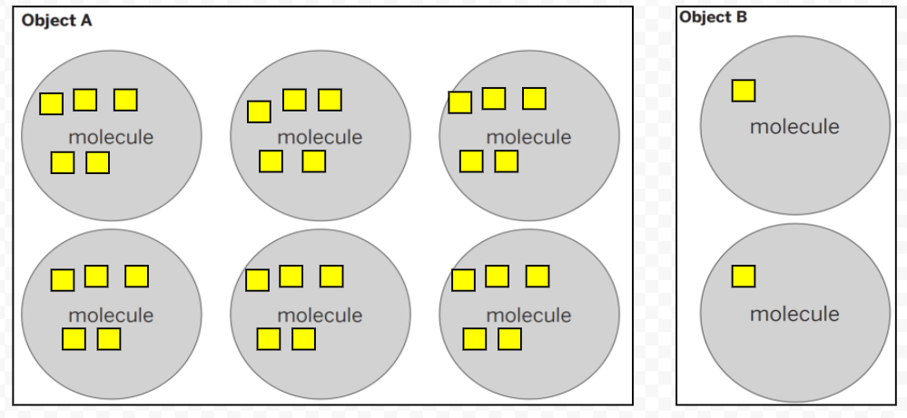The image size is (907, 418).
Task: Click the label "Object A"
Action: coord(56,20)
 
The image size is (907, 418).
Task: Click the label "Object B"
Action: coord(714,16)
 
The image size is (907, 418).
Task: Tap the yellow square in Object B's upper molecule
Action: coord(744,91)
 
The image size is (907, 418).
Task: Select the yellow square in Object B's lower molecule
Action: coord(744,276)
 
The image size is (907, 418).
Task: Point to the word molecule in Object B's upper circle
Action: coord(794,127)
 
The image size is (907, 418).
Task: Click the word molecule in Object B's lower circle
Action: coord(794,315)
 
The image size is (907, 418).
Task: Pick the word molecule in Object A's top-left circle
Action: coord(111,138)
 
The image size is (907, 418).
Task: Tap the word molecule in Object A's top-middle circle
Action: coord(320,138)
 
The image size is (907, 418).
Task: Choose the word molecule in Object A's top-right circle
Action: coord(528,138)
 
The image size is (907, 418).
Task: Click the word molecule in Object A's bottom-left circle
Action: coord(111,316)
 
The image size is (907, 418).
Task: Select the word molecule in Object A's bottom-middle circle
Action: coord(320,316)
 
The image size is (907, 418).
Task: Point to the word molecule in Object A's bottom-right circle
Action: coord(528,316)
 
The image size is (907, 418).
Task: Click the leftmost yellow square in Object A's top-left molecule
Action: coord(52,103)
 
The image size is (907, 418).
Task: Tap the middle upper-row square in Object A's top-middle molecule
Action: coord(294,100)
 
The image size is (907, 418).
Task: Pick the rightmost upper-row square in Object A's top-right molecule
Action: coord(535,98)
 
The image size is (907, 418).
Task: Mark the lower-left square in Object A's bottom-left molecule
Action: coord(74,339)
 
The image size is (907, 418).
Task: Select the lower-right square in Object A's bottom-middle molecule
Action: coord(304,339)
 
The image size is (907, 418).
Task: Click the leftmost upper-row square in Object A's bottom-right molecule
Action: coord(463,280)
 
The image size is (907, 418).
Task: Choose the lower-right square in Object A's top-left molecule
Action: coord(98,163)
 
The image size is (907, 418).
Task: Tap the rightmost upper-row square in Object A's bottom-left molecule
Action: coord(137,276)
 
